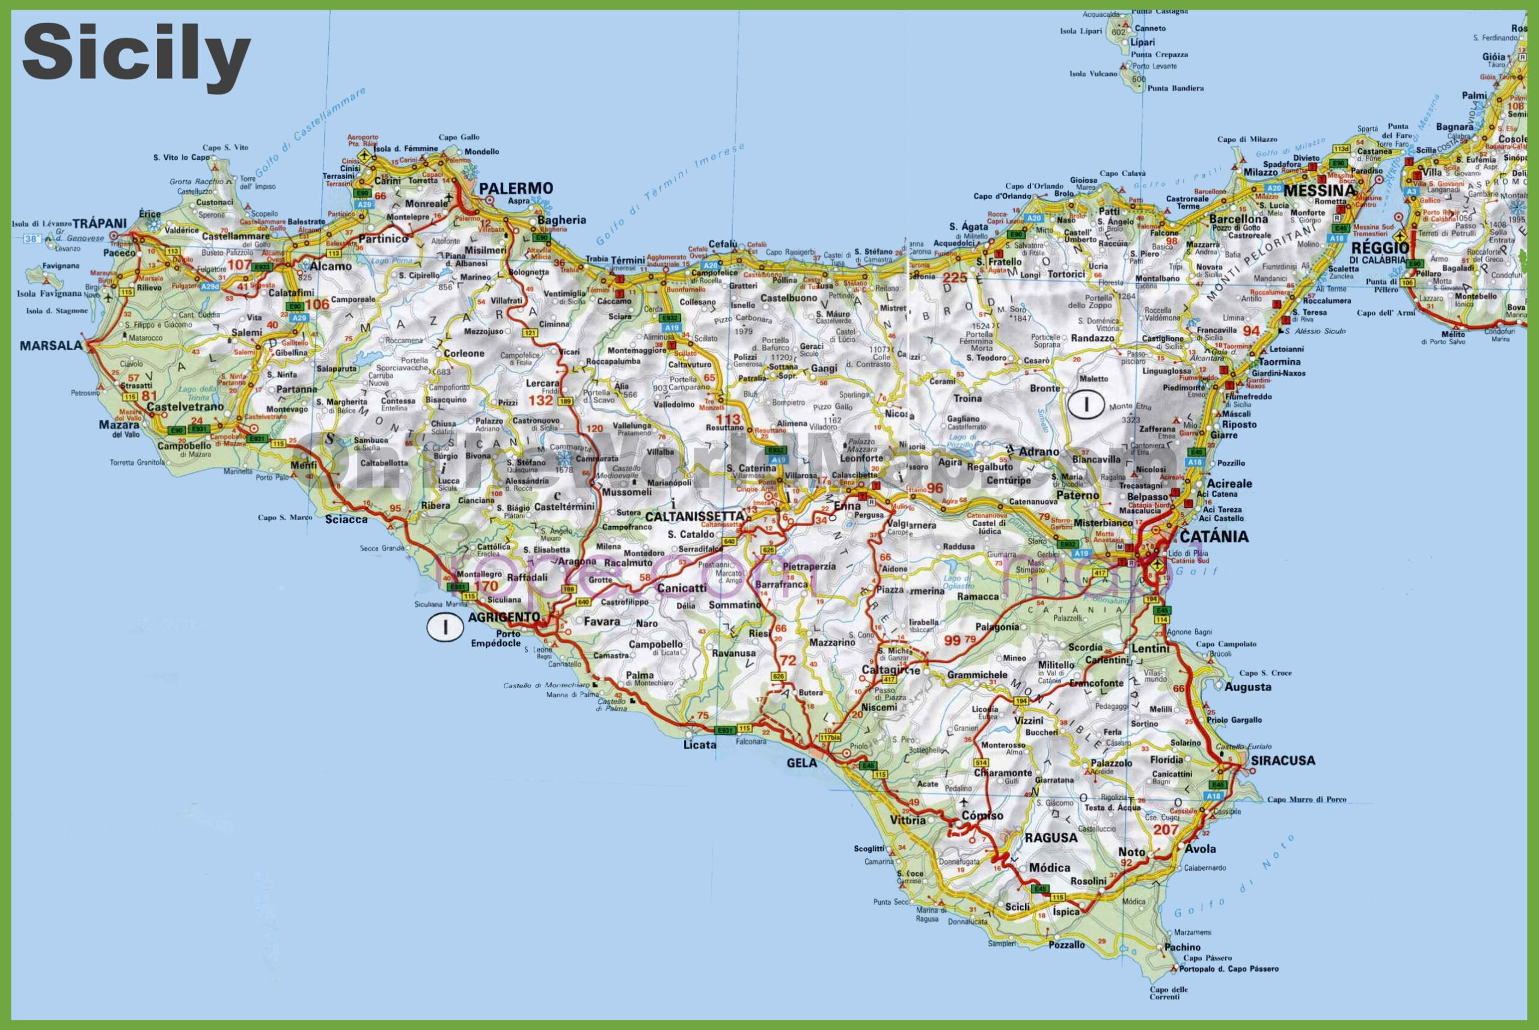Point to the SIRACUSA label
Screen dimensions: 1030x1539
coord(1282,761)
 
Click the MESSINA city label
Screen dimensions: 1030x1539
coord(1319,191)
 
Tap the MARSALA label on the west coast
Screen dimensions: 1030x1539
coord(51,346)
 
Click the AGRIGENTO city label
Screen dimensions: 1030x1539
coord(504,617)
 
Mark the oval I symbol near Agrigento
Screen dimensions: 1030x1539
coord(444,627)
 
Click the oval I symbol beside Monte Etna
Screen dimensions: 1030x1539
coord(1085,403)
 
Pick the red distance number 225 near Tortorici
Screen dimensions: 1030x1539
coord(954,278)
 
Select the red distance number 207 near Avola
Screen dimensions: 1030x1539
coord(1166,830)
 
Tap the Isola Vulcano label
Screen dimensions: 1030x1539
coord(1092,73)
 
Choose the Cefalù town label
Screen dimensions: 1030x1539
coord(723,244)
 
